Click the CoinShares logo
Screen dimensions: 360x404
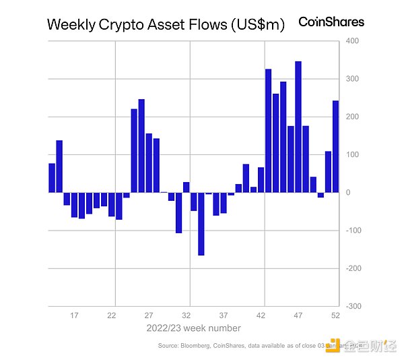pos(331,22)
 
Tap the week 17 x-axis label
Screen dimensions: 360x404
pos(75,315)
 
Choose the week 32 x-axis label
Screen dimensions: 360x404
pos(187,315)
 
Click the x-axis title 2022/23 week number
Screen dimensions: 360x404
pos(194,328)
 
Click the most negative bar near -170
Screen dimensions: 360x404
pos(201,224)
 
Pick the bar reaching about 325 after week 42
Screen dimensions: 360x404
pos(268,131)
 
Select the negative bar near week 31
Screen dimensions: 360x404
pos(178,212)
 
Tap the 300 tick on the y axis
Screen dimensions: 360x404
pos(352,80)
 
